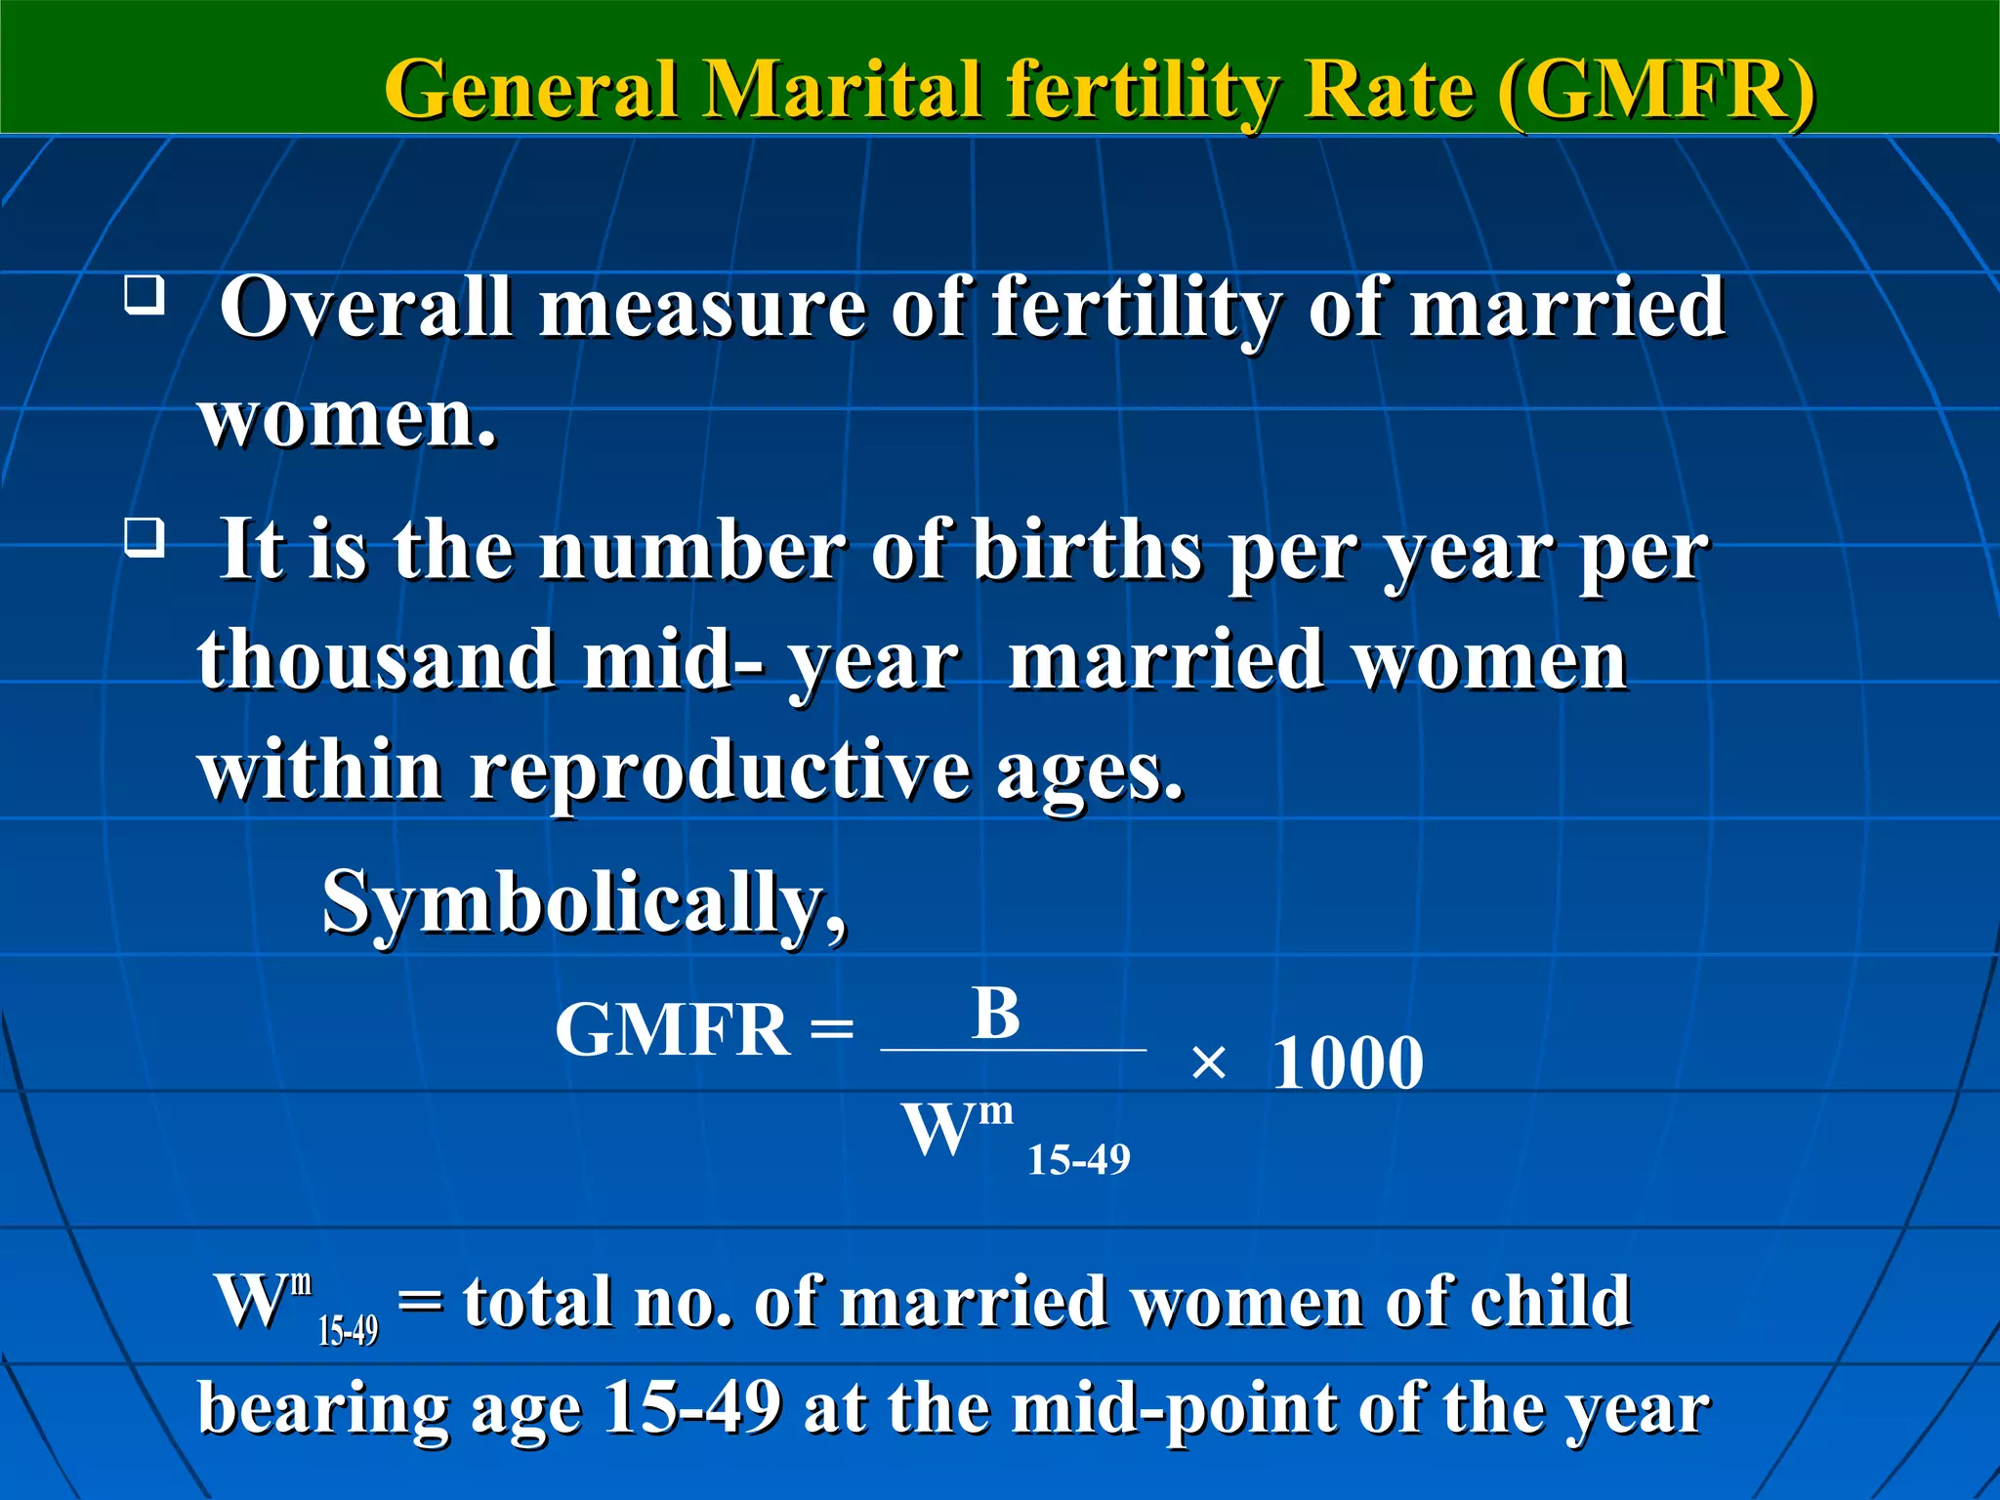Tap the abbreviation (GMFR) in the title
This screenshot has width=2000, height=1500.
pyautogui.click(x=1655, y=90)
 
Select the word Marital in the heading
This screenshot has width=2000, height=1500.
pyautogui.click(x=841, y=90)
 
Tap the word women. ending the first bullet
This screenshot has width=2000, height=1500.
pyautogui.click(x=348, y=418)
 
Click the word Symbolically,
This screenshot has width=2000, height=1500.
pyautogui.click(x=584, y=903)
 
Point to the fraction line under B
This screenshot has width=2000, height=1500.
pyautogui.click(x=1013, y=1051)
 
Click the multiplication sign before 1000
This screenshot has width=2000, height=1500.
pyautogui.click(x=1209, y=1063)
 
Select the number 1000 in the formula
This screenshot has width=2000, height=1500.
pyautogui.click(x=1348, y=1063)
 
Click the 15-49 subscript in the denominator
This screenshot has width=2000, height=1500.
pyautogui.click(x=1078, y=1160)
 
